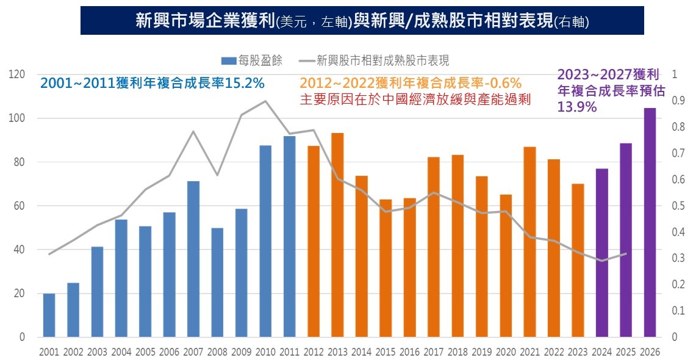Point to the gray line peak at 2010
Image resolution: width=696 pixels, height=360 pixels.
(265, 101)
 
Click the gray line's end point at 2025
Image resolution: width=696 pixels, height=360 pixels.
(626, 253)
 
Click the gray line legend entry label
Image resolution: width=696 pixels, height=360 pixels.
(382, 60)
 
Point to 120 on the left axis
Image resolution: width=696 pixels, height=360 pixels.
(17, 74)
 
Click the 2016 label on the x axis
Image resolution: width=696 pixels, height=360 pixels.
(409, 352)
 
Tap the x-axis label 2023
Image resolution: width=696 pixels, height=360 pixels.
(578, 352)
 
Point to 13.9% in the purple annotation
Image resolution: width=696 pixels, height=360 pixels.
(576, 106)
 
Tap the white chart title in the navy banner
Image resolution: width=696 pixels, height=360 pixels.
(362, 21)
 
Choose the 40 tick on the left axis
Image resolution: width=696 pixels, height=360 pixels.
(20, 250)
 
